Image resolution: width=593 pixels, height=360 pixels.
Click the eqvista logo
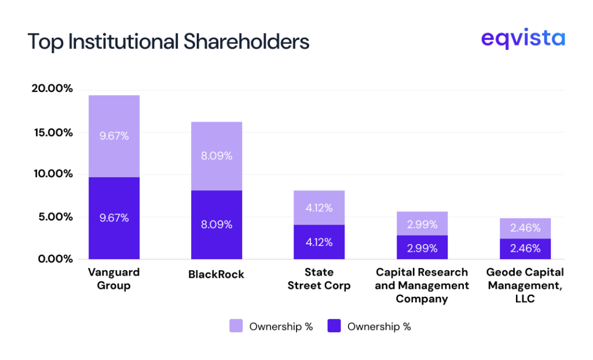click(x=522, y=39)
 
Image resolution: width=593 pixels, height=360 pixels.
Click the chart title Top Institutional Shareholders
click(x=168, y=42)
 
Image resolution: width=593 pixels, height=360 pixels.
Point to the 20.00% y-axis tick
click(x=52, y=89)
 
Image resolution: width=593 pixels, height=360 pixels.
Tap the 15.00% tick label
click(x=52, y=132)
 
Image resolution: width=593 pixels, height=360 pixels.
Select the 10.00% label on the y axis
click(x=52, y=174)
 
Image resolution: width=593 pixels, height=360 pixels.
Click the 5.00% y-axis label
click(x=53, y=217)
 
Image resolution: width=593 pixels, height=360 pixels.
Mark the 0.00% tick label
click(x=53, y=259)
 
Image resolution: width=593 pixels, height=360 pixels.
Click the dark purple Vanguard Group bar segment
click(x=114, y=218)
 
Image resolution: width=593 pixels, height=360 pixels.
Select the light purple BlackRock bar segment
click(x=217, y=156)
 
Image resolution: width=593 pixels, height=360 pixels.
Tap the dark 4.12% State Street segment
click(x=319, y=242)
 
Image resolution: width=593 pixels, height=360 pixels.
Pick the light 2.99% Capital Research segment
click(x=422, y=223)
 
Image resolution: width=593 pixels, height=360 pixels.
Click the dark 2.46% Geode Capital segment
click(x=525, y=249)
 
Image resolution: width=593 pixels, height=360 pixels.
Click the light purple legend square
click(x=236, y=326)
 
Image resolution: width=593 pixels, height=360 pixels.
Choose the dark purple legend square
click(x=334, y=326)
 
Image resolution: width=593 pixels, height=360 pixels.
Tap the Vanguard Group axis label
click(x=114, y=278)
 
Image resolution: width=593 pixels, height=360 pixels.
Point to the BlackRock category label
click(x=216, y=274)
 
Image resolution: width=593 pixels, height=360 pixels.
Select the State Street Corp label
click(x=319, y=278)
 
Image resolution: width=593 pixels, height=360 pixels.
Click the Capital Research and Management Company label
click(x=422, y=285)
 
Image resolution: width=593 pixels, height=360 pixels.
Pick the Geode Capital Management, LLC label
click(x=525, y=285)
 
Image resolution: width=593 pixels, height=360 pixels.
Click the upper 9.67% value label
click(x=114, y=136)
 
